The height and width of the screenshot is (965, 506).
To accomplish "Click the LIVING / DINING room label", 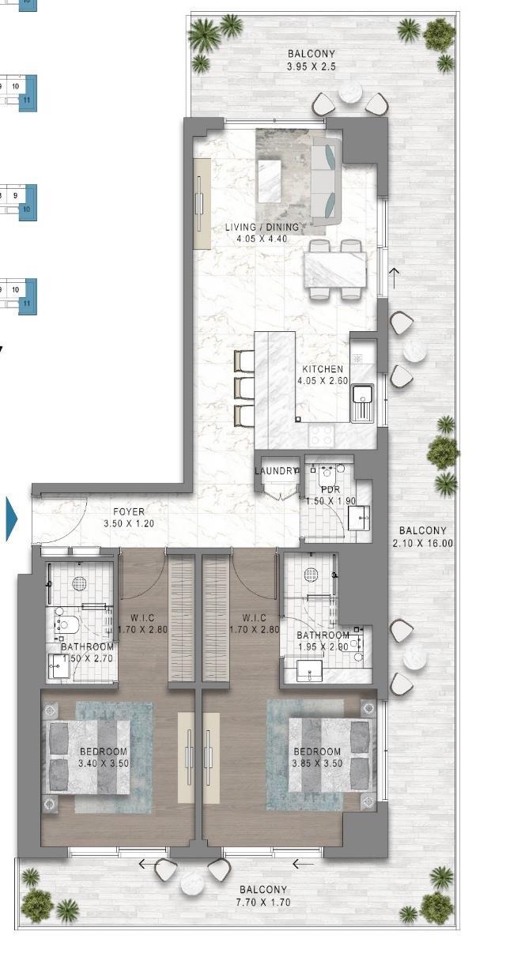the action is (262, 227).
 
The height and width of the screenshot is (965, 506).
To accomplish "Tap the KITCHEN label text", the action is (323, 369).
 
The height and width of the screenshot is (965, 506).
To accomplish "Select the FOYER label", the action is (129, 512).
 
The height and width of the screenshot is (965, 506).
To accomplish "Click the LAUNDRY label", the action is (276, 471).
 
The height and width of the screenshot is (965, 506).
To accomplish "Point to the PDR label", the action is (330, 489).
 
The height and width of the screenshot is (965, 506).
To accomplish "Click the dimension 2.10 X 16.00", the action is (423, 543).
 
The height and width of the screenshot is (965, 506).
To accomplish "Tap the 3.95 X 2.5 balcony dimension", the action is (312, 66).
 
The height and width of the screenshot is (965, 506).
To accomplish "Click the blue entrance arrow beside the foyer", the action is (12, 518).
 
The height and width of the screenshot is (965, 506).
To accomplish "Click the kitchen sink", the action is (363, 404).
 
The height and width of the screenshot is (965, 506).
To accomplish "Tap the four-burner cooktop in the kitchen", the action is (322, 435).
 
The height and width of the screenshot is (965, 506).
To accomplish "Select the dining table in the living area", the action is (335, 270).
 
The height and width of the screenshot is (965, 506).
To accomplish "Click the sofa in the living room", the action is (326, 181).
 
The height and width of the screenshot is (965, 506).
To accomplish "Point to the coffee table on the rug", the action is (270, 180).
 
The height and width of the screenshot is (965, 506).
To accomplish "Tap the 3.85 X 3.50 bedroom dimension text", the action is (318, 763).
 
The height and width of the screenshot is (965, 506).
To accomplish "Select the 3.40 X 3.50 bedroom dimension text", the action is (104, 763).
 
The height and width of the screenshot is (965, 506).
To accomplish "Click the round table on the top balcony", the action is (350, 92).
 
